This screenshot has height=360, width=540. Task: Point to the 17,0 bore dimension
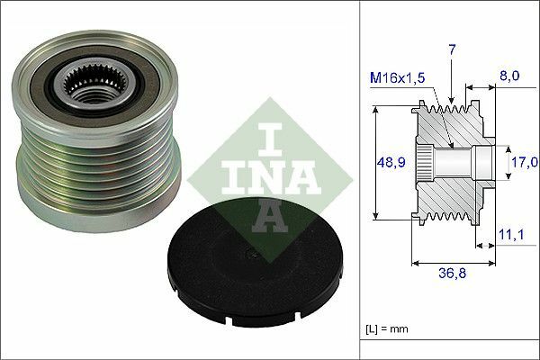(524, 163)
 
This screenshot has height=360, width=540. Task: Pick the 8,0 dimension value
(508, 77)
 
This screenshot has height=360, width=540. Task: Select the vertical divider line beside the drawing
(359, 180)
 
